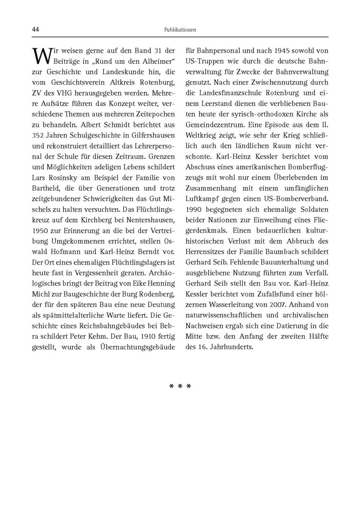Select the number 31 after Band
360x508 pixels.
pos(159,50)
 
